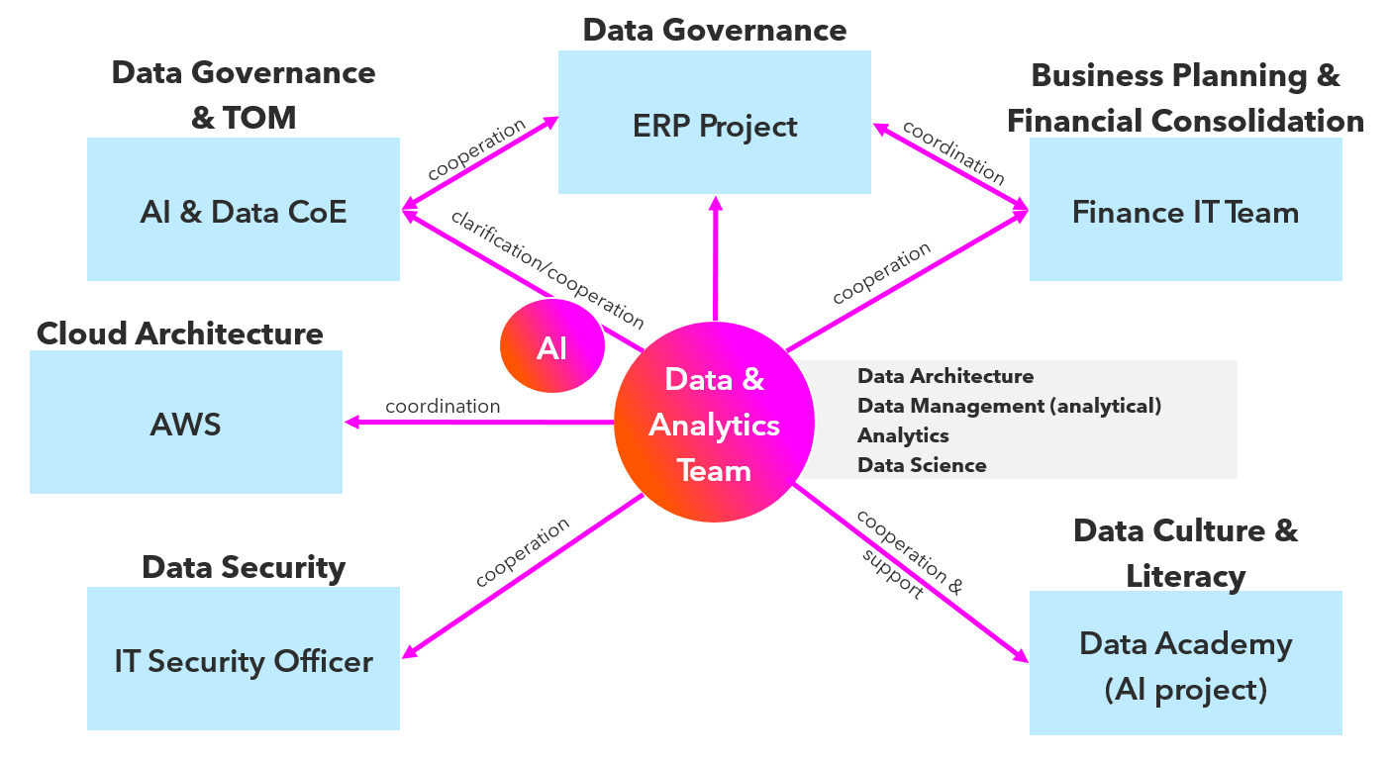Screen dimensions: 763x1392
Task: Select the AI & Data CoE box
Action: (244, 210)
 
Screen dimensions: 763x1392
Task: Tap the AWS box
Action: (186, 423)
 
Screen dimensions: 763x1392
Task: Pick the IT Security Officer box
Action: (244, 659)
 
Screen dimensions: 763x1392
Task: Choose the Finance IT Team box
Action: (1185, 210)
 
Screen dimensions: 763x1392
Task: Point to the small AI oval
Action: (551, 347)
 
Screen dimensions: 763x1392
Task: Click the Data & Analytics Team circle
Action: (714, 424)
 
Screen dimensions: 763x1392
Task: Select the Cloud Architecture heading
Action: (179, 334)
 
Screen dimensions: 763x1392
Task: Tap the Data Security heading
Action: (244, 567)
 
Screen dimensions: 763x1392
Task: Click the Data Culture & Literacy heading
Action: (1185, 552)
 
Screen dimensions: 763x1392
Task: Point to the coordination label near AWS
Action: (443, 407)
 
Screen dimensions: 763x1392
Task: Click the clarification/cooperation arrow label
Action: (547, 269)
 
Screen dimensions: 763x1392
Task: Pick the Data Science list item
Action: (922, 465)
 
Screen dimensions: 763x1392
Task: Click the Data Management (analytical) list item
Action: (1009, 406)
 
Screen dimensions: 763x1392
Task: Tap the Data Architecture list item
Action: (945, 376)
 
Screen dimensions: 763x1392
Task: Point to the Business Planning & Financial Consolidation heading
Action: (1185, 98)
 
